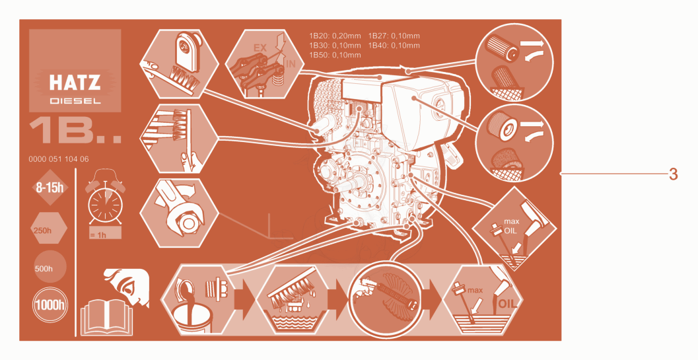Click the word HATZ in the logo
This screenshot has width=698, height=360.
pos(75,83)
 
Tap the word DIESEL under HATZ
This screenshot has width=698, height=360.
pos(75,101)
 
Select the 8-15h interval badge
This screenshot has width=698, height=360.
pos(50,188)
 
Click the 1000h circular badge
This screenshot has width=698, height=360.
pos(50,305)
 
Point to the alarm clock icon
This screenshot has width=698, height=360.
pos(105,199)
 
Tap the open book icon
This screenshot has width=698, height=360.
pos(107,317)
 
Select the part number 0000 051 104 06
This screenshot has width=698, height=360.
pos(59,159)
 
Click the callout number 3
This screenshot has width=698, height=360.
pos(673,174)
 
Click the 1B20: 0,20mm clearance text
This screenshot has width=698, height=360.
pos(335,36)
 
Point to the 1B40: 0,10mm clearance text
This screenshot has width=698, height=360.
pos(394,46)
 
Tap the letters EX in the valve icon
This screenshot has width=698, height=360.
pos(260,48)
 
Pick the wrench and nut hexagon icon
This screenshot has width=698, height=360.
pos(179,213)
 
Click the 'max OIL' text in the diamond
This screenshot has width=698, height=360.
pos(510,227)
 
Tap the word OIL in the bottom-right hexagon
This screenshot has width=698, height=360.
pos(507,304)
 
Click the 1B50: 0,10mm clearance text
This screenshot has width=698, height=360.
pos(335,55)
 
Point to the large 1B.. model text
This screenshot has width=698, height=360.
pos(75,131)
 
